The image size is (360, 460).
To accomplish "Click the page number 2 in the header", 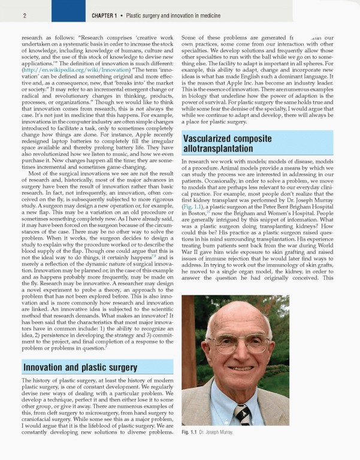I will click(8, 14).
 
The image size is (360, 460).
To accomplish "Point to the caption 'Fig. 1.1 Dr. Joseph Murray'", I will click(207, 432).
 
